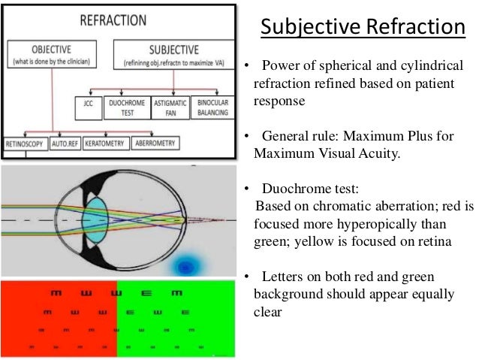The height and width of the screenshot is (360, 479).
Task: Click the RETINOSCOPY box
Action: tap(25, 142)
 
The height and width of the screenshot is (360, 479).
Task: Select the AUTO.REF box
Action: tap(65, 142)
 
